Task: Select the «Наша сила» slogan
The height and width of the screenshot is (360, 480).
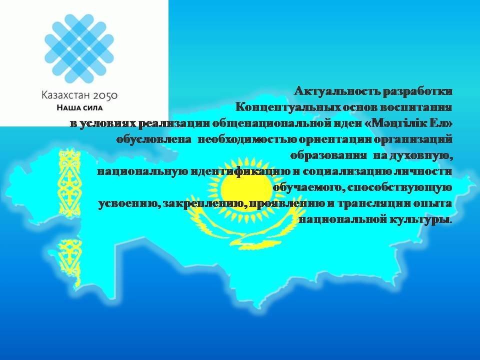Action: (79, 108)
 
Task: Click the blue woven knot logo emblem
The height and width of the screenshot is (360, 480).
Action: (79, 48)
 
